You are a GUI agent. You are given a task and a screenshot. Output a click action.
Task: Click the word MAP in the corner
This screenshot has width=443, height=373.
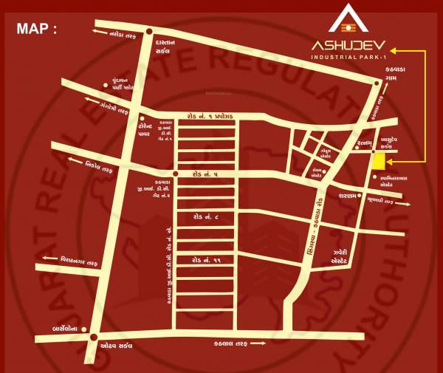point(36,30)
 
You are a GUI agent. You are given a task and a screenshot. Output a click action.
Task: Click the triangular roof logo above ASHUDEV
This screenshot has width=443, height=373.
point(346,18)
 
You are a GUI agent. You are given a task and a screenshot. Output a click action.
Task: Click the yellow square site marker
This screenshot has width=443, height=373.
point(379,162)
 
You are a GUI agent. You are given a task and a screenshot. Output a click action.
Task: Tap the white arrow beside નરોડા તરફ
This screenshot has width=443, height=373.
point(96,32)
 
